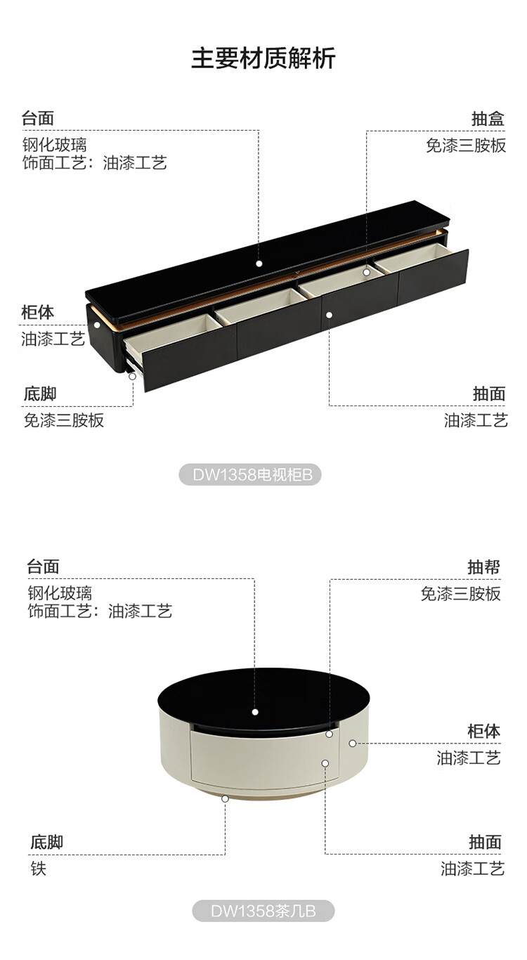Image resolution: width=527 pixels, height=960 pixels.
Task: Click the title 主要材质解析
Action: (263, 58)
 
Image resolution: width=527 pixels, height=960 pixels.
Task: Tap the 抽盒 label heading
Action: (488, 119)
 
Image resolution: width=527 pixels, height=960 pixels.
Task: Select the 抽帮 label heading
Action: (484, 566)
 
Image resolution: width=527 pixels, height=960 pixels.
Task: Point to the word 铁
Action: (38, 869)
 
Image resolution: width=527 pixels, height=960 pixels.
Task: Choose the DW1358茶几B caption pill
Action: (263, 912)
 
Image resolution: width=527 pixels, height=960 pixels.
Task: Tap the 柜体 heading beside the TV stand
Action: (38, 312)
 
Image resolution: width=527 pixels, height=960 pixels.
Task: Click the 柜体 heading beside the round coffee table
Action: (484, 731)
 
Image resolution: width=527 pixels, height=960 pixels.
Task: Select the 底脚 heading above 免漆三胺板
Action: (40, 394)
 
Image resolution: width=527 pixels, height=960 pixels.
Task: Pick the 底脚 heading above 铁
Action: (46, 842)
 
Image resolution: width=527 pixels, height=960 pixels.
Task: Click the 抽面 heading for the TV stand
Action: (489, 394)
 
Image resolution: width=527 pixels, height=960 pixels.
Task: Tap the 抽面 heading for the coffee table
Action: (486, 842)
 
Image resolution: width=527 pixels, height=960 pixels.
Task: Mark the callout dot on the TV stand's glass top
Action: (259, 264)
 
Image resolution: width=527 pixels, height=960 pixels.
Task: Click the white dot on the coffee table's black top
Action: (255, 712)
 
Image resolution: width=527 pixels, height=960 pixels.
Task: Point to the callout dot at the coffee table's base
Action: (225, 798)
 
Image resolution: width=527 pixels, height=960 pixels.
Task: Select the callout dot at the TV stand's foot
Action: (132, 376)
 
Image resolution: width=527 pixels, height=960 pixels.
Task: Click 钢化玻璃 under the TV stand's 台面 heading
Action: (54, 145)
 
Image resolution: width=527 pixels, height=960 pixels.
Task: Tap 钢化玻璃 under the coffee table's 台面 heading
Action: (60, 593)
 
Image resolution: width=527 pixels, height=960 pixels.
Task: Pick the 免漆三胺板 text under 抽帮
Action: (461, 594)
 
